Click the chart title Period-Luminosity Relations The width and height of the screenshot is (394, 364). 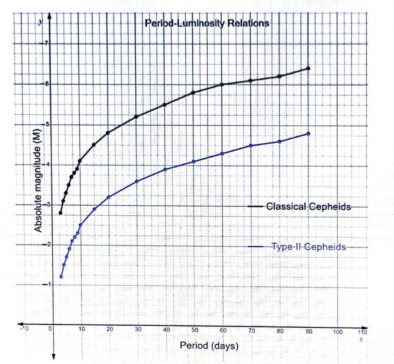(x=207, y=23)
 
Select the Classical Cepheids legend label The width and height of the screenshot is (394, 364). (x=308, y=206)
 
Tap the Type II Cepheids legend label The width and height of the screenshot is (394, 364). (x=309, y=247)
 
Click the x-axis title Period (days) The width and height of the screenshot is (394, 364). (x=209, y=345)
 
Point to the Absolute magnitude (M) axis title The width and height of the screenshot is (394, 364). (x=38, y=181)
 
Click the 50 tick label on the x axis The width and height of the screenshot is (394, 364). (x=194, y=330)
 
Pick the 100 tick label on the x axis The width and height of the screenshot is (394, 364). (x=338, y=332)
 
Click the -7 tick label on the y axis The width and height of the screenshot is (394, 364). (x=46, y=43)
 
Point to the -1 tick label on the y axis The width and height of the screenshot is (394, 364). (x=47, y=284)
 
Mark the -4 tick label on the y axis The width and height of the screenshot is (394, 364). (x=47, y=164)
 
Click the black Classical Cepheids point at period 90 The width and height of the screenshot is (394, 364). (x=308, y=68)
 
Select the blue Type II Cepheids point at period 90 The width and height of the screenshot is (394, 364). (x=308, y=134)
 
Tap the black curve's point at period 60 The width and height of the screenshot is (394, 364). (x=222, y=85)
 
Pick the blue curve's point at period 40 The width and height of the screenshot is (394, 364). (x=165, y=169)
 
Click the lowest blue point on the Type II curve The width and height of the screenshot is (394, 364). (x=61, y=277)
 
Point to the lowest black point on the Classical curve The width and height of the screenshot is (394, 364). (x=60, y=213)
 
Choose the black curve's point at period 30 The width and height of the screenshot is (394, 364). (x=136, y=117)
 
